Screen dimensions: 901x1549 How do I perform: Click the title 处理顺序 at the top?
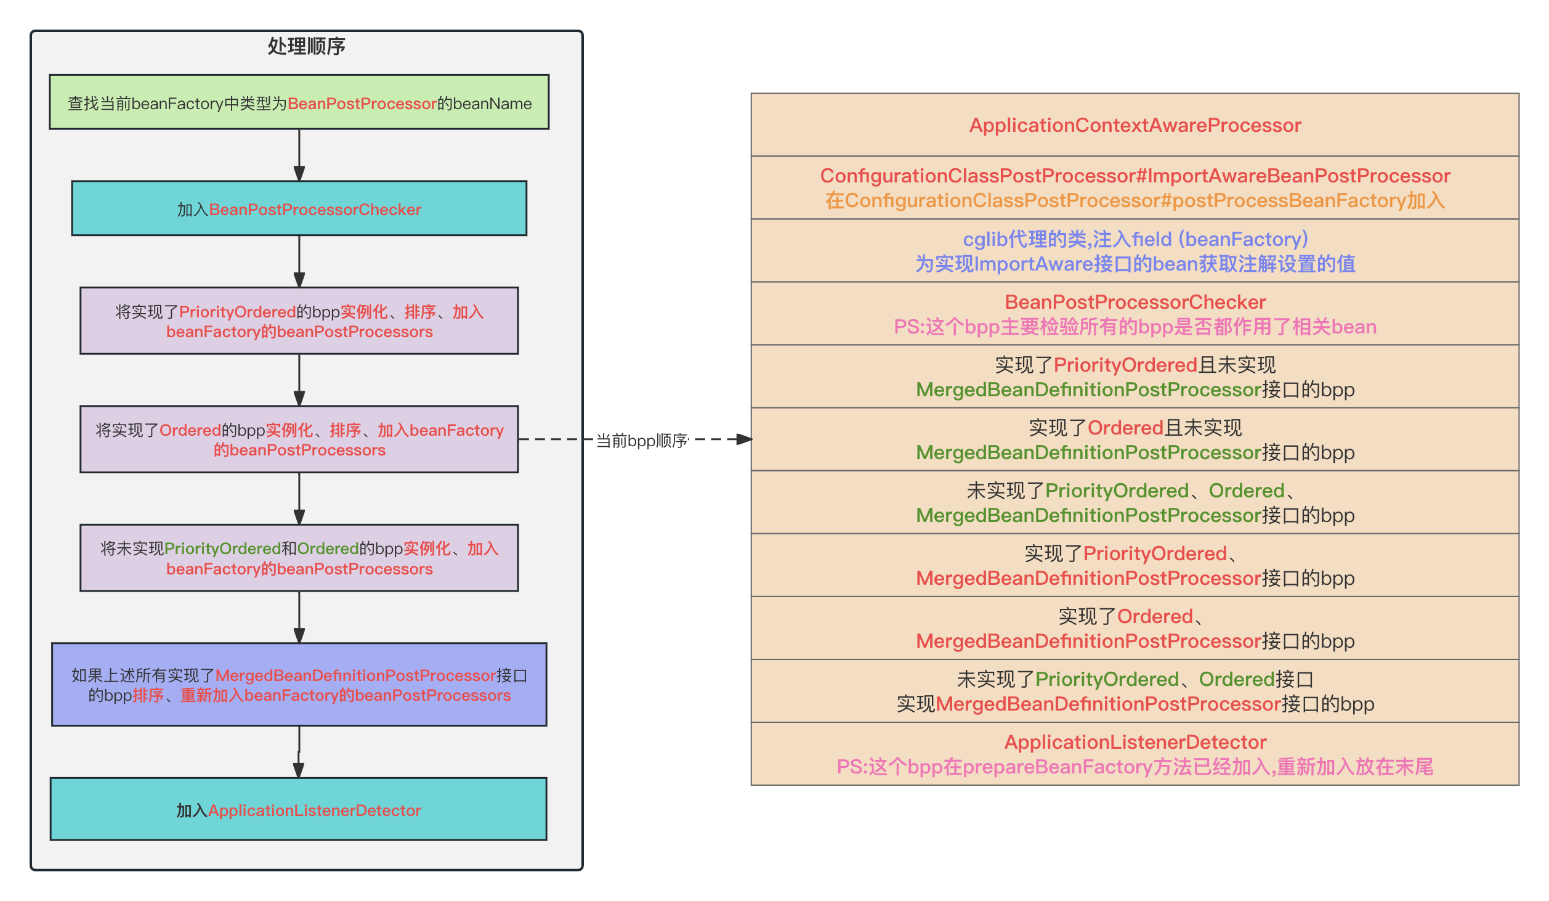tap(306, 46)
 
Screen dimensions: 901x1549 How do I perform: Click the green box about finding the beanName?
tap(299, 102)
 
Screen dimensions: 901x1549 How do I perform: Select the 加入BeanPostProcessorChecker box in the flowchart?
tap(299, 208)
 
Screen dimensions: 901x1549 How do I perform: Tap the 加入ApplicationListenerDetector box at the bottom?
tap(299, 809)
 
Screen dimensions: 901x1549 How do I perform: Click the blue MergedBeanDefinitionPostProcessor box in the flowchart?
tap(299, 685)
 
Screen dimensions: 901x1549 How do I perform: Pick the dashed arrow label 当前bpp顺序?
tap(641, 440)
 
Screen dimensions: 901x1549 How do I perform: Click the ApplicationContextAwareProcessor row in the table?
tap(1134, 125)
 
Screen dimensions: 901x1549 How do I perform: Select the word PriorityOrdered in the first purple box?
tap(237, 312)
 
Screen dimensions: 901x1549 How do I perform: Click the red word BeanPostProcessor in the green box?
tap(362, 104)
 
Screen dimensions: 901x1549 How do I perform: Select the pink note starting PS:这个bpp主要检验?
tap(1134, 327)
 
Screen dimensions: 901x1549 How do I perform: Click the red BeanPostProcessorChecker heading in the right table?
tap(1134, 302)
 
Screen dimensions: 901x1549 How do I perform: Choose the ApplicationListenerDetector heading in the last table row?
tap(1134, 742)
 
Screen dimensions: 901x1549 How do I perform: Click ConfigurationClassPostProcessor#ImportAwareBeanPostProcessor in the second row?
tap(1134, 176)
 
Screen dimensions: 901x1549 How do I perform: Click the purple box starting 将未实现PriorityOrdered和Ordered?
tap(299, 558)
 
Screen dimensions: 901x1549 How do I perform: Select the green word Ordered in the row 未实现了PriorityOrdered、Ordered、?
tap(1246, 491)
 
